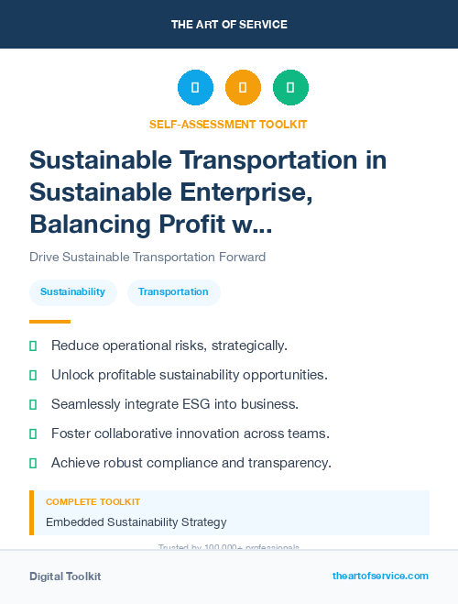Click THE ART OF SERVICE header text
pyautogui.click(x=229, y=24)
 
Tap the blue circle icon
pyautogui.click(x=195, y=88)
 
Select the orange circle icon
pyautogui.click(x=243, y=88)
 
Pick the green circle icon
pyautogui.click(x=290, y=88)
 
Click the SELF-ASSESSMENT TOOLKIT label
pyautogui.click(x=229, y=124)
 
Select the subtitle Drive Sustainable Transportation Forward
pyautogui.click(x=147, y=258)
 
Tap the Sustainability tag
pyautogui.click(x=72, y=292)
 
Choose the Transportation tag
pyautogui.click(x=173, y=292)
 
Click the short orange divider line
pyautogui.click(x=49, y=321)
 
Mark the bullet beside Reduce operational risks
pyautogui.click(x=34, y=346)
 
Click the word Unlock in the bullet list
pyautogui.click(x=72, y=375)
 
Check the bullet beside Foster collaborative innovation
pyautogui.click(x=34, y=434)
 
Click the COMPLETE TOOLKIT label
pyautogui.click(x=93, y=502)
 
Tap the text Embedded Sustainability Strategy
pyautogui.click(x=136, y=522)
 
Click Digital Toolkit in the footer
pyautogui.click(x=65, y=577)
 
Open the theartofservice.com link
pyautogui.click(x=380, y=576)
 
